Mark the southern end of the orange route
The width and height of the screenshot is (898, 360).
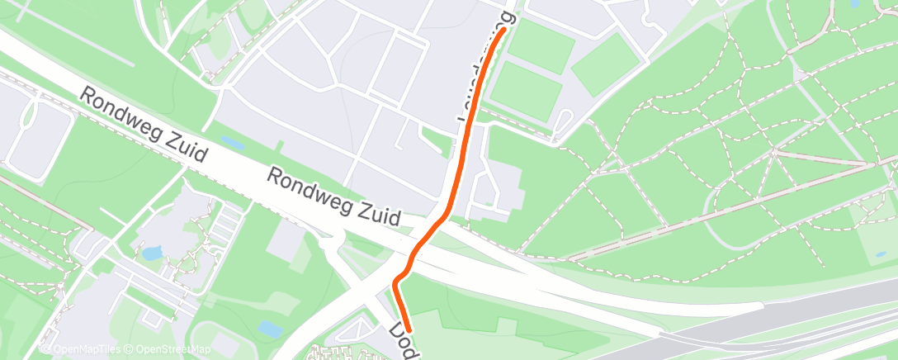pyautogui.click(x=409, y=332)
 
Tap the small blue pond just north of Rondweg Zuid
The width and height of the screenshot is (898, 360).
pyautogui.click(x=232, y=143)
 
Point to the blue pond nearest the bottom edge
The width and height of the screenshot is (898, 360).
pyautogui.click(x=269, y=328)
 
